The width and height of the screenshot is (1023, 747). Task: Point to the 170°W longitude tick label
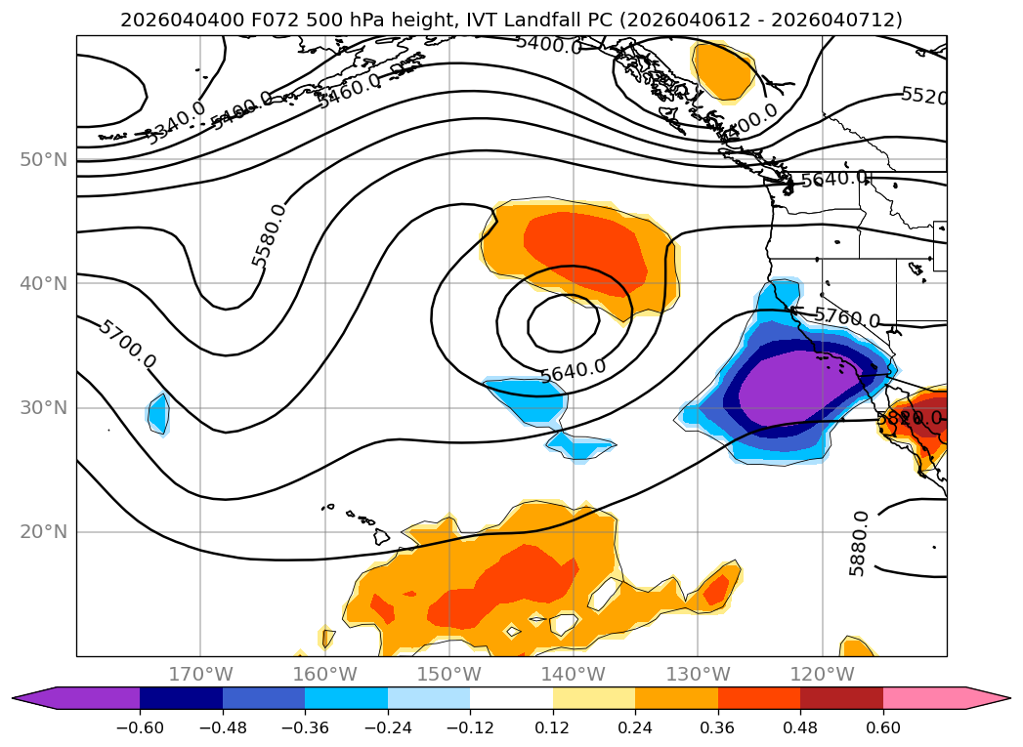(200, 674)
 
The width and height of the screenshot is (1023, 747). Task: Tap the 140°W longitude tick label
(574, 674)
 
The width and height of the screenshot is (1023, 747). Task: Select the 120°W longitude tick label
(823, 674)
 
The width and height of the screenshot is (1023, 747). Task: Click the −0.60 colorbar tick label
(140, 727)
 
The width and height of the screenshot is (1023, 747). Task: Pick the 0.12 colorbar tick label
(553, 727)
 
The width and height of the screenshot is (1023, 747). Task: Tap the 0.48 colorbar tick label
(800, 727)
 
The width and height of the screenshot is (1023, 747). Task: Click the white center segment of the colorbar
(511, 698)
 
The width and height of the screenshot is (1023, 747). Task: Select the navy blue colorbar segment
(181, 698)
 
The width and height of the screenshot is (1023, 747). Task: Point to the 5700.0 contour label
(126, 344)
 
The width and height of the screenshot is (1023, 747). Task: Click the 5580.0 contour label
(269, 235)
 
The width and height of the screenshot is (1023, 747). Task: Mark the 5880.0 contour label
(858, 543)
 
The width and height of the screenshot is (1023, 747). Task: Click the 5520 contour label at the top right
(923, 96)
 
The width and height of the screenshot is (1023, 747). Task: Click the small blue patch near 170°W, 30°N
(157, 413)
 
